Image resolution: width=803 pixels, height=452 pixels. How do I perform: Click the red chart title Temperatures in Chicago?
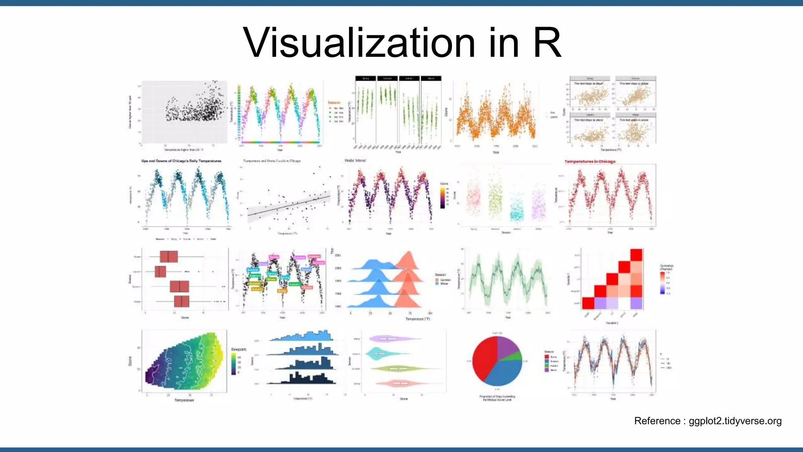(590, 161)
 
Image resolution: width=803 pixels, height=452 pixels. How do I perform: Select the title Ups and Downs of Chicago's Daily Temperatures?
(181, 161)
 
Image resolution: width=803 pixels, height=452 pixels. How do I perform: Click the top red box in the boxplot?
(169, 257)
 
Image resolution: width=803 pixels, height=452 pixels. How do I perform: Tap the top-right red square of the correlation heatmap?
(636, 255)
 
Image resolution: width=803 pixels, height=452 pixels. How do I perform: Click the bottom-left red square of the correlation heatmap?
(588, 303)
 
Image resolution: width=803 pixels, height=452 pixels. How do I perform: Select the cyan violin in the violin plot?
(378, 354)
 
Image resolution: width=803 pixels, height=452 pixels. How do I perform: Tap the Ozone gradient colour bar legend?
(443, 197)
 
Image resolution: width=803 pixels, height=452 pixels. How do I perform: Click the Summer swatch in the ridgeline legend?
(437, 280)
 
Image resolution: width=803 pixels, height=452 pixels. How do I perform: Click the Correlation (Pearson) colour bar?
(662, 282)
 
